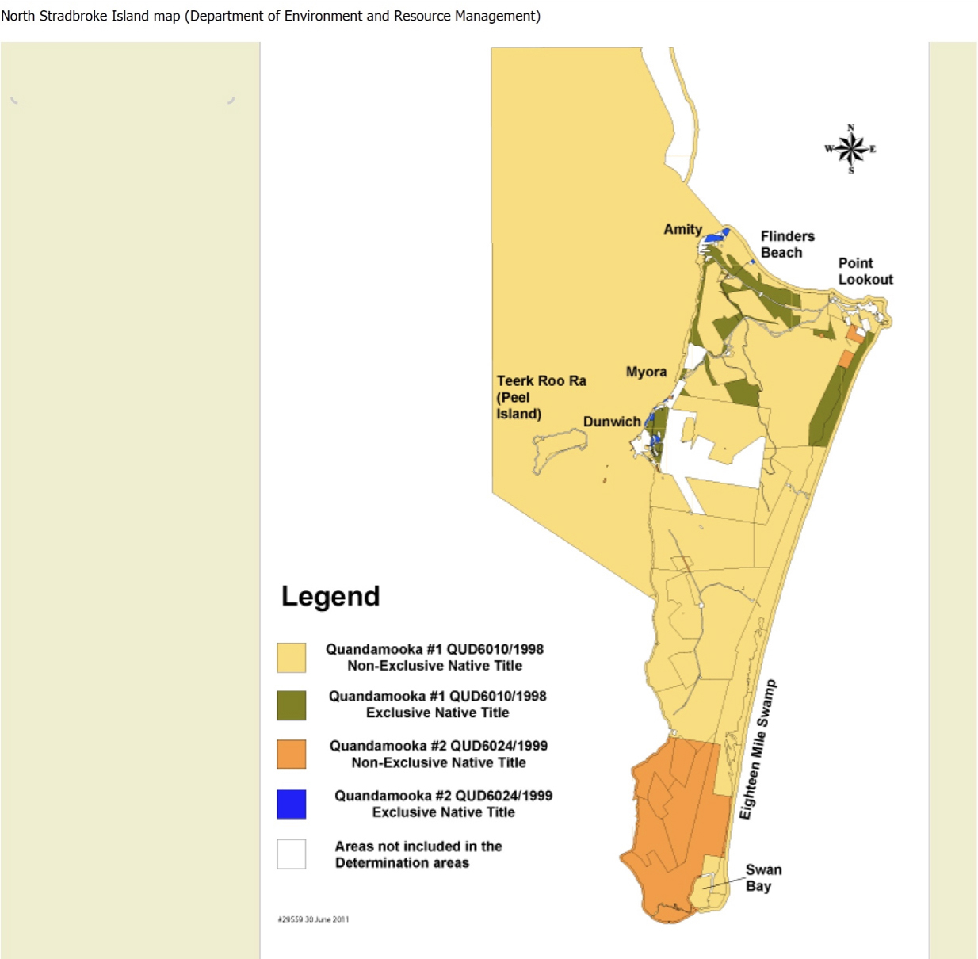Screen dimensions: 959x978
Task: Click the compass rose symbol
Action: click(850, 148)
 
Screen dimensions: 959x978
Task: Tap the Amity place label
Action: click(682, 229)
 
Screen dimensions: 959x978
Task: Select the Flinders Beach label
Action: click(787, 244)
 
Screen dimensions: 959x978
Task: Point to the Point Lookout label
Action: click(865, 271)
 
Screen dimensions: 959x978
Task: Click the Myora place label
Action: click(646, 372)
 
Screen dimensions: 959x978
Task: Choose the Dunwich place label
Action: click(611, 422)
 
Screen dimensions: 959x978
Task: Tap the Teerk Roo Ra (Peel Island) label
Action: click(541, 397)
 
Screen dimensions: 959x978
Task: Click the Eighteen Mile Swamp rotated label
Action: click(758, 749)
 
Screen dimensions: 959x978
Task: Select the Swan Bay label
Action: click(762, 877)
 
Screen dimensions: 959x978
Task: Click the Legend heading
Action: click(330, 596)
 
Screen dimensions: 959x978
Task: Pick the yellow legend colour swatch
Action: click(291, 658)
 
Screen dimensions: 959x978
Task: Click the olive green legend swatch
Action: click(291, 705)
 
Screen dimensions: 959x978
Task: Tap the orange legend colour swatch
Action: click(291, 754)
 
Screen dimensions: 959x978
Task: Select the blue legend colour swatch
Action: click(291, 804)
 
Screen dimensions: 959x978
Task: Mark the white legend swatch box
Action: click(291, 854)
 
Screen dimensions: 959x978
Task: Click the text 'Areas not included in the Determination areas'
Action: click(418, 854)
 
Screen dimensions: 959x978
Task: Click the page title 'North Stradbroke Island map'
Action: click(91, 16)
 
